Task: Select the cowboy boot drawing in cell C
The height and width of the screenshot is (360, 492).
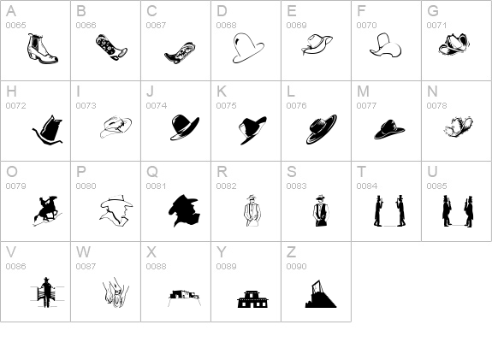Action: [x=181, y=53]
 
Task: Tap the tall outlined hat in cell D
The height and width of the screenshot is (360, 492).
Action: [x=248, y=48]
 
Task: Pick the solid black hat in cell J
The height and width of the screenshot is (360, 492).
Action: [x=185, y=127]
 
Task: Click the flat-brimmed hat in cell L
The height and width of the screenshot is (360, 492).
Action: [x=322, y=129]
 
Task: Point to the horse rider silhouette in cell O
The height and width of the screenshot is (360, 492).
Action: [x=47, y=210]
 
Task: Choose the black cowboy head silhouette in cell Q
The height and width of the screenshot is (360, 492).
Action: [x=185, y=210]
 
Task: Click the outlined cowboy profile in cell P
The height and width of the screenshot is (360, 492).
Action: [x=116, y=210]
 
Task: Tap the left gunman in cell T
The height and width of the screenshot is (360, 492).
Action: [x=378, y=210]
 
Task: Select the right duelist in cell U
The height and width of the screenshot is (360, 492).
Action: [x=469, y=211]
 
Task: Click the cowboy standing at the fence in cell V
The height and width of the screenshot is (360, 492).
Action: [x=47, y=292]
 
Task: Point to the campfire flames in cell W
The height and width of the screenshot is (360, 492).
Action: [x=116, y=292]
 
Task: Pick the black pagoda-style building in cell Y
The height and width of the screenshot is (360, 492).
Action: [x=252, y=299]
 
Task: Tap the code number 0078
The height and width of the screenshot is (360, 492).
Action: [x=436, y=106]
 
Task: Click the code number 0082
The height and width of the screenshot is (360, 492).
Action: [x=226, y=186]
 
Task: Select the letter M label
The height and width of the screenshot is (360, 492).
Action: [x=363, y=91]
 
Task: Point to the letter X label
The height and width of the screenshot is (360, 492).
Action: [x=151, y=252]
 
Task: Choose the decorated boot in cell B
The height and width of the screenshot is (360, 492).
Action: [x=111, y=47]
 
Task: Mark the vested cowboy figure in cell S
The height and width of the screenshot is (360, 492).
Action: [x=320, y=210]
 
